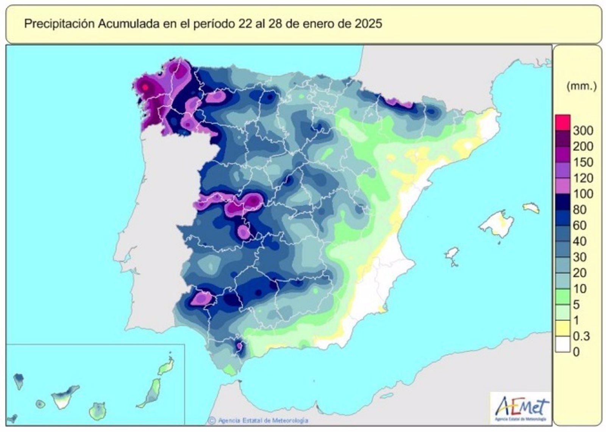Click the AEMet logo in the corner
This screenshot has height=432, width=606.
[521, 408]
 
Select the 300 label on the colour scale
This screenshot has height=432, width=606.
[583, 131]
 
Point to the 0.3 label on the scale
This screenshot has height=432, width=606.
[581, 336]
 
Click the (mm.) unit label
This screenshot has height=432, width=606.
[581, 86]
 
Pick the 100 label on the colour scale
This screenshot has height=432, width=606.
[583, 194]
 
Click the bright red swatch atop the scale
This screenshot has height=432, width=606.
[562, 123]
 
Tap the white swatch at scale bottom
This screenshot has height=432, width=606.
[562, 345]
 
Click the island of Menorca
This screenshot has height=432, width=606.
[531, 207]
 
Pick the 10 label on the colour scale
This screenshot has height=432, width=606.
[579, 289]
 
